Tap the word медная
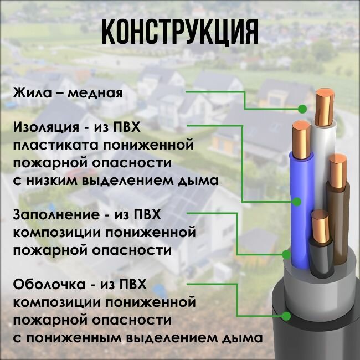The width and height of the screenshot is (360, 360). (x=94, y=92)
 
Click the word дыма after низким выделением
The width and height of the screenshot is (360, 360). (x=198, y=181)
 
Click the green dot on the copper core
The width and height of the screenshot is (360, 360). (x=302, y=109)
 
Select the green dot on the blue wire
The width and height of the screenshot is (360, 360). (x=297, y=202)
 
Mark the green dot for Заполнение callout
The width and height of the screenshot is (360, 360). (x=286, y=254)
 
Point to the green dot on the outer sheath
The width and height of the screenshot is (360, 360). (x=286, y=316)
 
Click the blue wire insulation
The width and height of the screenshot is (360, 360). (x=302, y=183)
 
